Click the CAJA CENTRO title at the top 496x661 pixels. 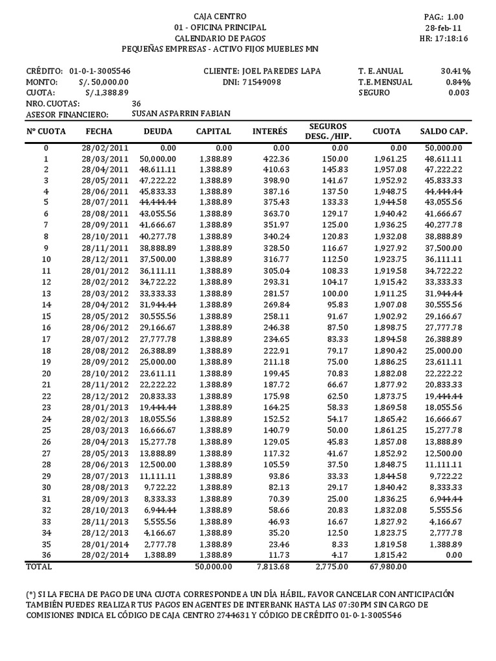220,16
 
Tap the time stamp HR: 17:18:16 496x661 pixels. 446,39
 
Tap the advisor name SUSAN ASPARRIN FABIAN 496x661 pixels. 180,114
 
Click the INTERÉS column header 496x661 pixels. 270,132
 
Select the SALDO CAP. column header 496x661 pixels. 444,132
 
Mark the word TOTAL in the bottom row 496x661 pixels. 39,567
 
